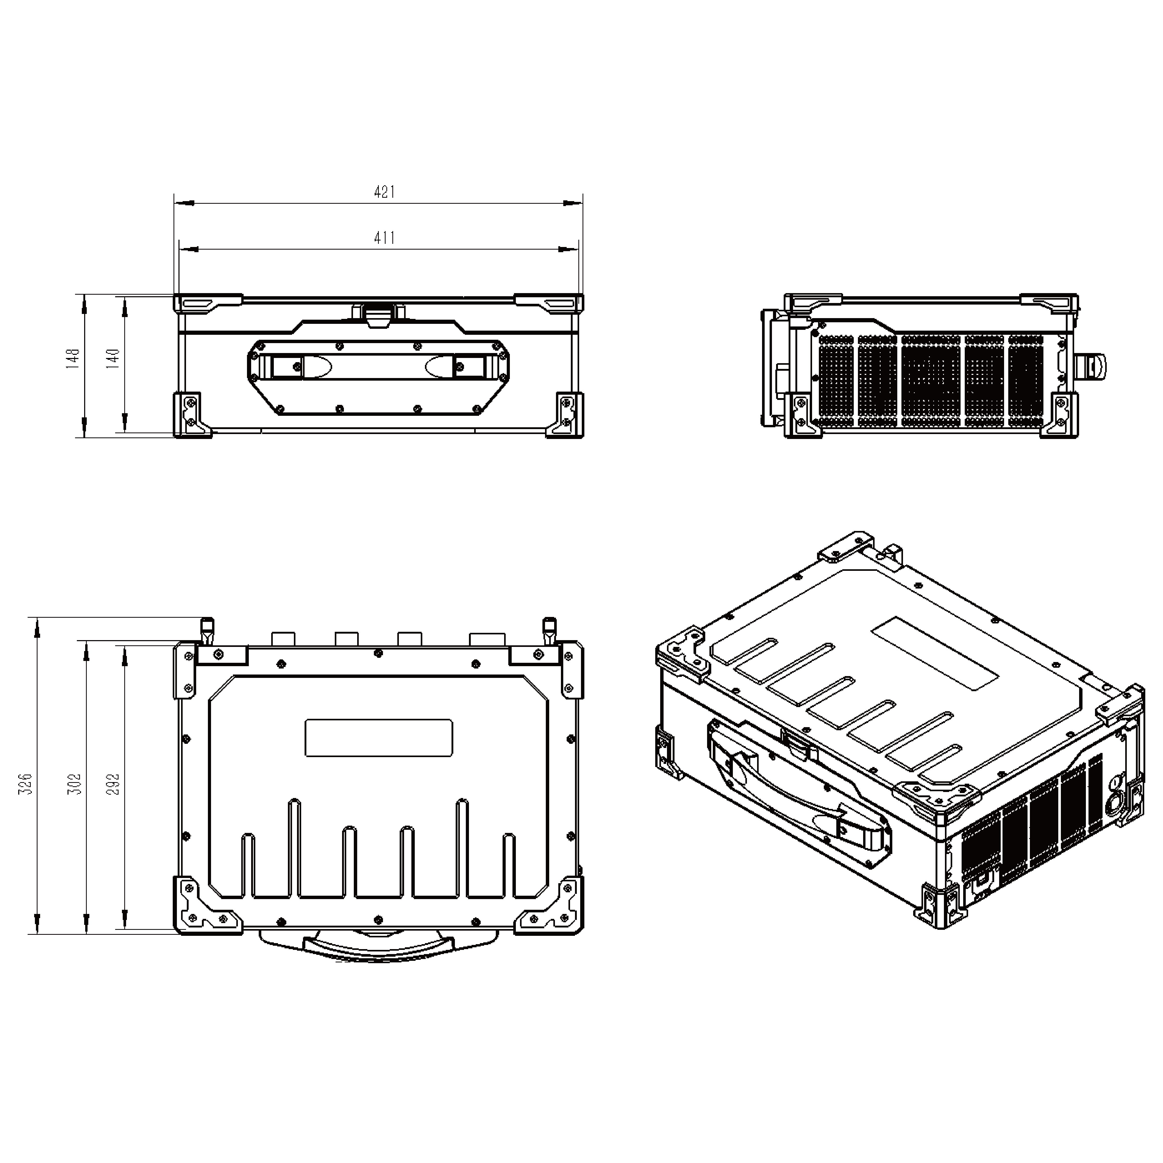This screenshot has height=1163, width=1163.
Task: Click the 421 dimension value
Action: pos(384,192)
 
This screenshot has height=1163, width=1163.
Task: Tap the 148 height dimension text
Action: pos(73,357)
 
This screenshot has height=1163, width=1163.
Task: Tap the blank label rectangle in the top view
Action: pos(379,737)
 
